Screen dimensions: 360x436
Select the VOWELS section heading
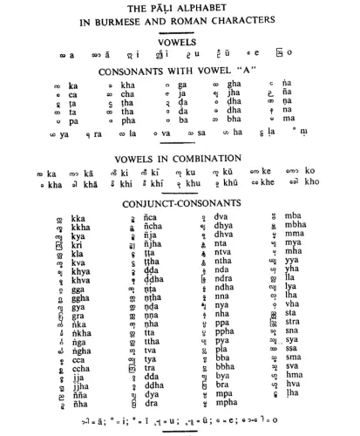tap(180, 41)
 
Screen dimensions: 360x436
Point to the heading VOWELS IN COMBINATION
tap(180, 159)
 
